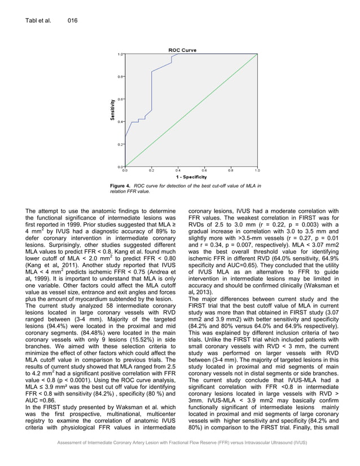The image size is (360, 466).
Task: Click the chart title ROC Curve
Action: (x=182, y=50)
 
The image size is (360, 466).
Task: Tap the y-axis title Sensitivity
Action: (x=113, y=109)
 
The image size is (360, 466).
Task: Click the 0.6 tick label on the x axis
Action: (x=204, y=170)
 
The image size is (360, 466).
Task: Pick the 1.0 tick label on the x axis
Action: (x=257, y=170)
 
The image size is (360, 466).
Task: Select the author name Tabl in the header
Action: (x=33, y=21)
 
